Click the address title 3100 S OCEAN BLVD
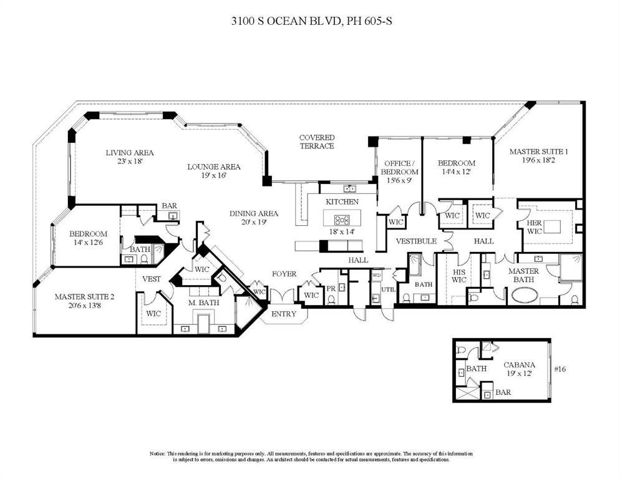309,21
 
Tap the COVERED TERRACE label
316,142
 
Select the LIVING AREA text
129,152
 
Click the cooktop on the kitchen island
342,219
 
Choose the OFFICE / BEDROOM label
400,167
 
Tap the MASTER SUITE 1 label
538,152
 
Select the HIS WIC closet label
459,276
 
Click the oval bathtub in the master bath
530,296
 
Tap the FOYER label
284,274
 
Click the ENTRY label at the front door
284,314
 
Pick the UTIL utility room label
388,289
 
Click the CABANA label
520,365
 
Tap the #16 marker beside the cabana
559,369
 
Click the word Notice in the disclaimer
157,453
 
